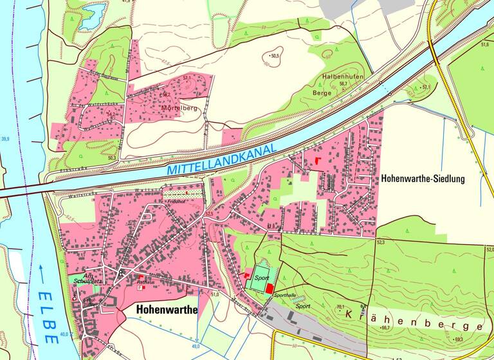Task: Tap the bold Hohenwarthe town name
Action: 166,309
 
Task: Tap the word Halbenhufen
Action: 343,77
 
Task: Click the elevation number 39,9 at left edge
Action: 6,139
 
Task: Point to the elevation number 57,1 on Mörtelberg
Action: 187,78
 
